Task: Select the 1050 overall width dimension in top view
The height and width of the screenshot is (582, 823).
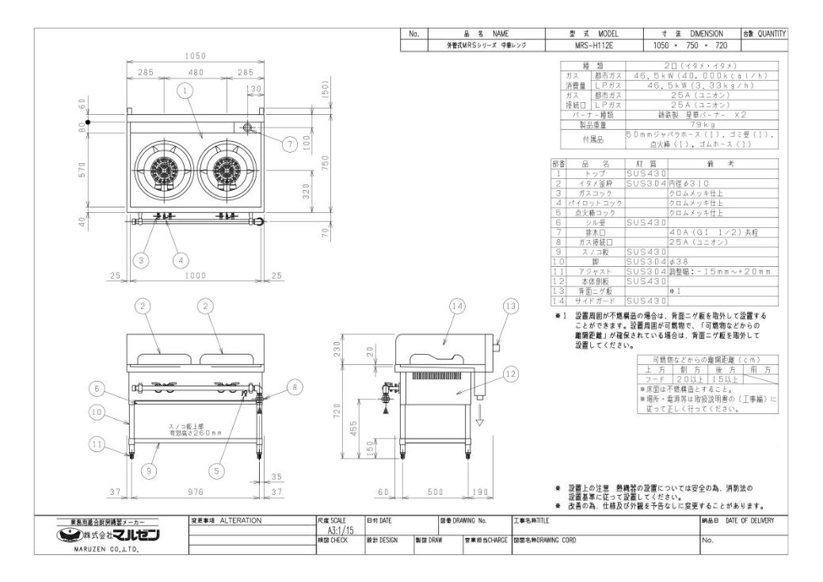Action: pyautogui.click(x=195, y=56)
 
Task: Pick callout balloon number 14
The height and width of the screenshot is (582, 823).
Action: pyautogui.click(x=455, y=306)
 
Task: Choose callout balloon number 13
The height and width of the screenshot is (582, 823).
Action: pyautogui.click(x=510, y=306)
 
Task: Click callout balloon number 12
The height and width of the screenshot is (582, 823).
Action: pyautogui.click(x=510, y=372)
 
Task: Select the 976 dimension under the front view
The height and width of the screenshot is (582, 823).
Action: pyautogui.click(x=195, y=492)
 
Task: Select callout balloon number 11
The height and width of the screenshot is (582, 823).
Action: pyautogui.click(x=97, y=445)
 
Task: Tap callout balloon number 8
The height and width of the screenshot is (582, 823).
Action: pyautogui.click(x=294, y=387)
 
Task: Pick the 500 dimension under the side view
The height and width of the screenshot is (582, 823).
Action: pyautogui.click(x=435, y=492)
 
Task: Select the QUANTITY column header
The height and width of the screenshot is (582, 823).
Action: pyautogui.click(x=764, y=34)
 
